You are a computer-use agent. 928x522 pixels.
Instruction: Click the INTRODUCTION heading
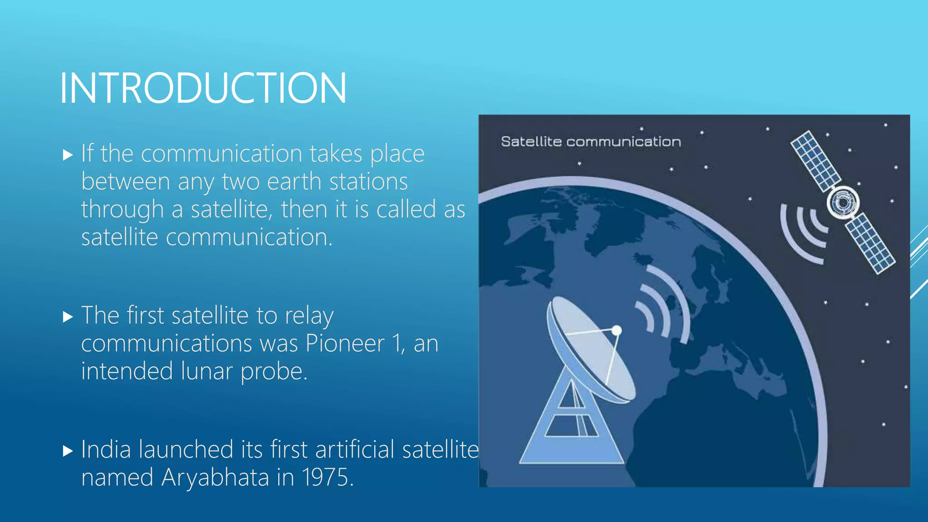click(203, 88)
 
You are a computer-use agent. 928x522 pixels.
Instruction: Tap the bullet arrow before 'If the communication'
click(68, 155)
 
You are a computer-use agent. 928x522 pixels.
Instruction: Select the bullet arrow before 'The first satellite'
click(68, 317)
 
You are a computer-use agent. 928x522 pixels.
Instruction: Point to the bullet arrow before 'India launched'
click(68, 451)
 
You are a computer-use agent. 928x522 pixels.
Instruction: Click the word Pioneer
click(345, 343)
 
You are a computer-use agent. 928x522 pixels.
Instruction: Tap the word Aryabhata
click(215, 478)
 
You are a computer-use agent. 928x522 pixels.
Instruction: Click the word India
click(106, 450)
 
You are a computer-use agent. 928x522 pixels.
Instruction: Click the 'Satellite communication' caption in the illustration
click(591, 142)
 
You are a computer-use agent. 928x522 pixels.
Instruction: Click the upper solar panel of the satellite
click(815, 161)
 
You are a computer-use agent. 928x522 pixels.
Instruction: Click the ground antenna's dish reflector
click(589, 349)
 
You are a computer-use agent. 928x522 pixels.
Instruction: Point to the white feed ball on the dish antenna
click(616, 331)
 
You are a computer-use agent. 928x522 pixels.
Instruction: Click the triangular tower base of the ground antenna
click(571, 430)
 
